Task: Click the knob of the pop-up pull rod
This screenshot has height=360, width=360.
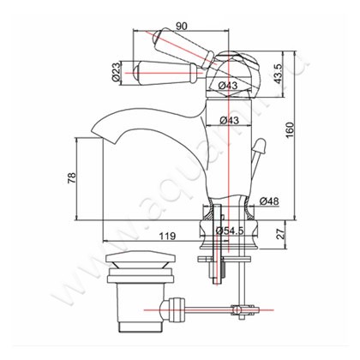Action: coord(255,147)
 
